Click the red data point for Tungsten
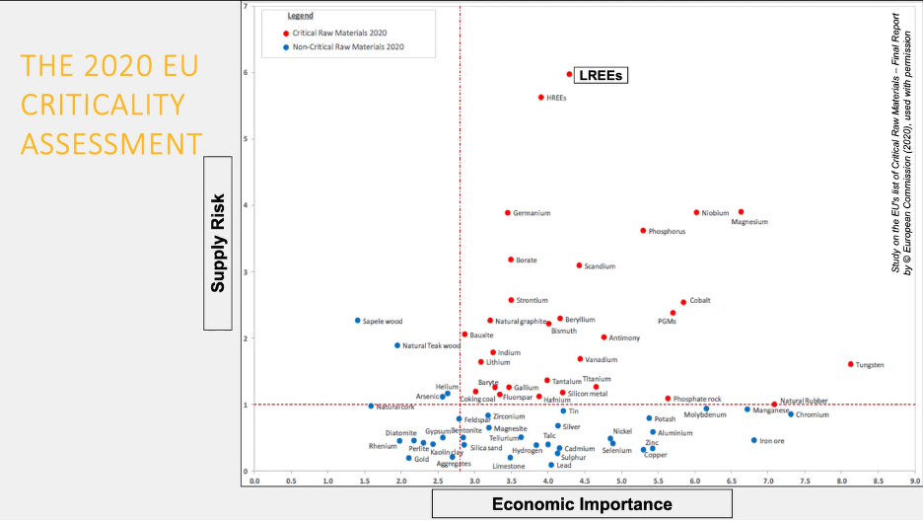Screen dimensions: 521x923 coord(850,364)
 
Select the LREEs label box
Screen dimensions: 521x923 coord(601,75)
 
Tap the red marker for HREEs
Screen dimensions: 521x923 coord(540,98)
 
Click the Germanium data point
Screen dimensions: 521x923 coord(508,213)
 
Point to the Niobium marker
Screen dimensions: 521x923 coord(696,212)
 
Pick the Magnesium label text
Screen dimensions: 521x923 coord(748,222)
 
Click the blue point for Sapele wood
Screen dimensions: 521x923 coord(358,321)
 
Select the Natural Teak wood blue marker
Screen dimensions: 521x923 coord(397,345)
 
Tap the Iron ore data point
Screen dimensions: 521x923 coord(753,440)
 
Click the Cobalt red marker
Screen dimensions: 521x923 coord(683,303)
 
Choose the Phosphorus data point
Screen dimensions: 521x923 coord(643,231)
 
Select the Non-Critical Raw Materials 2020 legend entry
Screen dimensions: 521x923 coord(345,46)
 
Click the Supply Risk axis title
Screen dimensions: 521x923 coord(219,242)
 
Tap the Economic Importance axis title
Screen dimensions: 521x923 coord(582,504)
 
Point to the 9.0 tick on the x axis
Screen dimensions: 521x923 coord(915,482)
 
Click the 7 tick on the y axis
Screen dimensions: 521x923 coord(245,7)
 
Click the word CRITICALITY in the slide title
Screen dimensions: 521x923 coord(103,105)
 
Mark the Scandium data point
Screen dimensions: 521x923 coord(579,265)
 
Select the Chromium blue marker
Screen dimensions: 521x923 coord(791,414)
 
